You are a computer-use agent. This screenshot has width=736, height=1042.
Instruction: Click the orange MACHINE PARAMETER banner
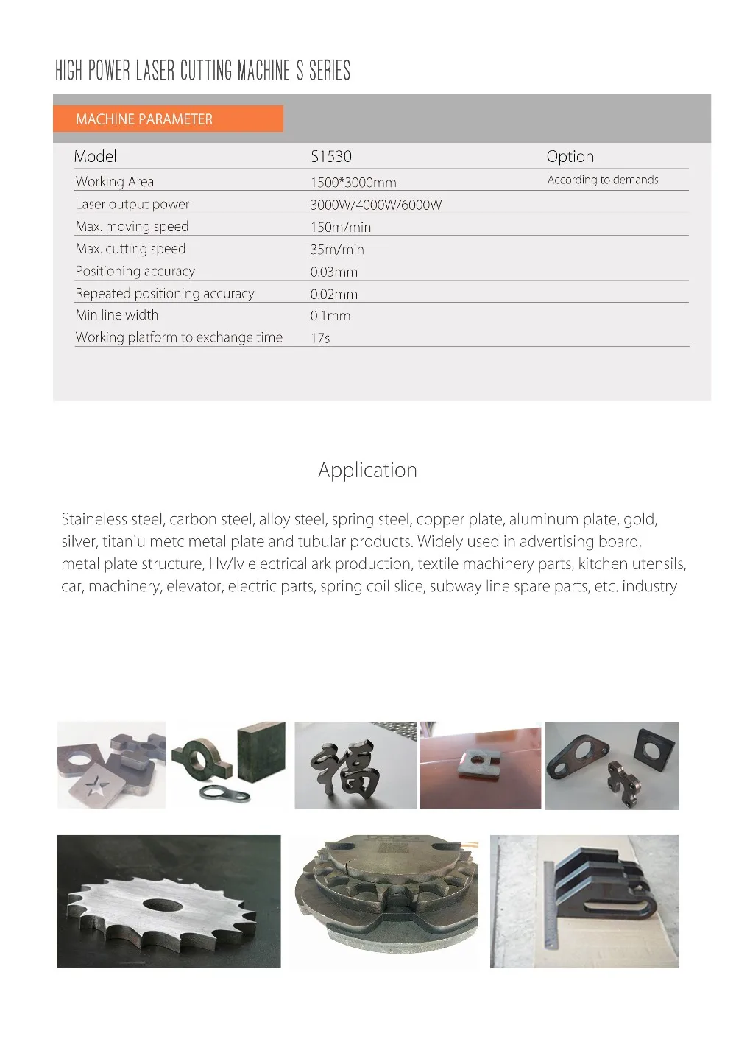pos(168,119)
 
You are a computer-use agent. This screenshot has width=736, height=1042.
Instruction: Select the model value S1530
pos(331,156)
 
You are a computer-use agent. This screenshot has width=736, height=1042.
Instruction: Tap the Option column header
pos(570,156)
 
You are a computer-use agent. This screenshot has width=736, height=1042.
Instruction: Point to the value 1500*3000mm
pos(353,183)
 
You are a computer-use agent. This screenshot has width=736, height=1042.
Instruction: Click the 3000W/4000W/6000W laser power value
pos(376,205)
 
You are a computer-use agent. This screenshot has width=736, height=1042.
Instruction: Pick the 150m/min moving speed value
pos(341,228)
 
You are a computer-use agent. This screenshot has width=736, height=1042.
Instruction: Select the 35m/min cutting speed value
pos(337,250)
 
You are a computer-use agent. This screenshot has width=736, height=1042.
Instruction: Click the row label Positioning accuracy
pos(135,271)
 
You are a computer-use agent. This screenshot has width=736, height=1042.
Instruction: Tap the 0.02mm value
pos(333,294)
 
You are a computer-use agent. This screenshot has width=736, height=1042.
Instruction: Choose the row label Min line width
pos(116,315)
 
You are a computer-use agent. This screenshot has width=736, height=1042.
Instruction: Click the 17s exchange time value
pos(320,338)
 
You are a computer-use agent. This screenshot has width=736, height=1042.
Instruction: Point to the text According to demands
pos(603,180)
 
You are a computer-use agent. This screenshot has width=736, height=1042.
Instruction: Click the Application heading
pos(367,470)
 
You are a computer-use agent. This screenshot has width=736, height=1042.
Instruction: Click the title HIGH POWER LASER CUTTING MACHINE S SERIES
pos(202,71)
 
